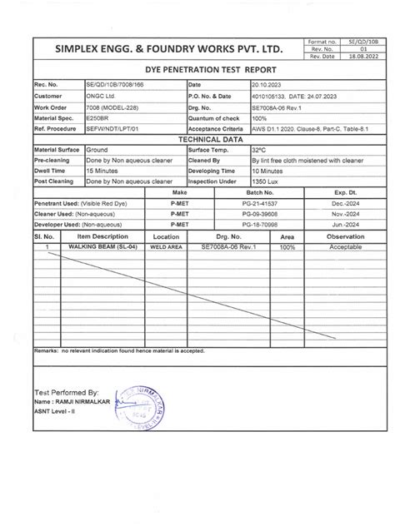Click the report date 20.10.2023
(267, 86)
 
